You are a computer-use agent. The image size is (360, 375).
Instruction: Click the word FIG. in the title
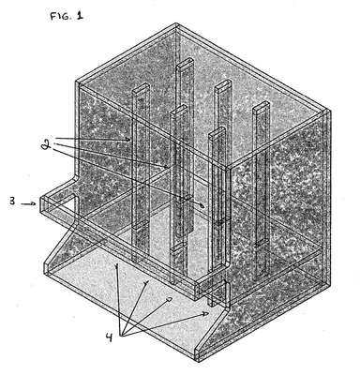tap(61, 16)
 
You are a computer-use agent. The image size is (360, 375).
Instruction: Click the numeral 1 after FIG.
tap(80, 15)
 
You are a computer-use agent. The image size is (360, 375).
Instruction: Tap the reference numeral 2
tap(46, 145)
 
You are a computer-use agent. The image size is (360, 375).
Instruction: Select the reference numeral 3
tap(12, 201)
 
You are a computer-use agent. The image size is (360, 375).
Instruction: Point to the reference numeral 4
tap(109, 337)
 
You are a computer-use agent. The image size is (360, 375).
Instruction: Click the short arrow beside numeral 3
tap(28, 204)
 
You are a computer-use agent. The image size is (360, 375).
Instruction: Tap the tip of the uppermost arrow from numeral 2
tap(130, 140)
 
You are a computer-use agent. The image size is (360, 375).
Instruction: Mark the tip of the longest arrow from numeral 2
tap(204, 206)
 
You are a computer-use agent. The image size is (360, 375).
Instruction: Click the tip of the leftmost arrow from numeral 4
tap(117, 264)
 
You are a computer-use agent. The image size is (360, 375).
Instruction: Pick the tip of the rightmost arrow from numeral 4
tap(209, 313)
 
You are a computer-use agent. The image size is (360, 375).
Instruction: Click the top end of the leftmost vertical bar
tap(141, 88)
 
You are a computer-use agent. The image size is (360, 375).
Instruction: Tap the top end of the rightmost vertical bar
tap(261, 106)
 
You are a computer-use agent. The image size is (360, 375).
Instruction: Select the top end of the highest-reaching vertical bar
tap(185, 64)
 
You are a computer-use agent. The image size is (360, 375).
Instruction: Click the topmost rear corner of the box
tap(176, 23)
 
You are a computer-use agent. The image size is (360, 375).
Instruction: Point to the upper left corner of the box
tap(76, 82)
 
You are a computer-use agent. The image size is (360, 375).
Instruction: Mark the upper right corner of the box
tap(329, 110)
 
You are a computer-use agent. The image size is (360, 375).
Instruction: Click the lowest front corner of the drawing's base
tap(197, 361)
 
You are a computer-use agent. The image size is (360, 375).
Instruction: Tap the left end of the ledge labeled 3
tap(41, 204)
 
